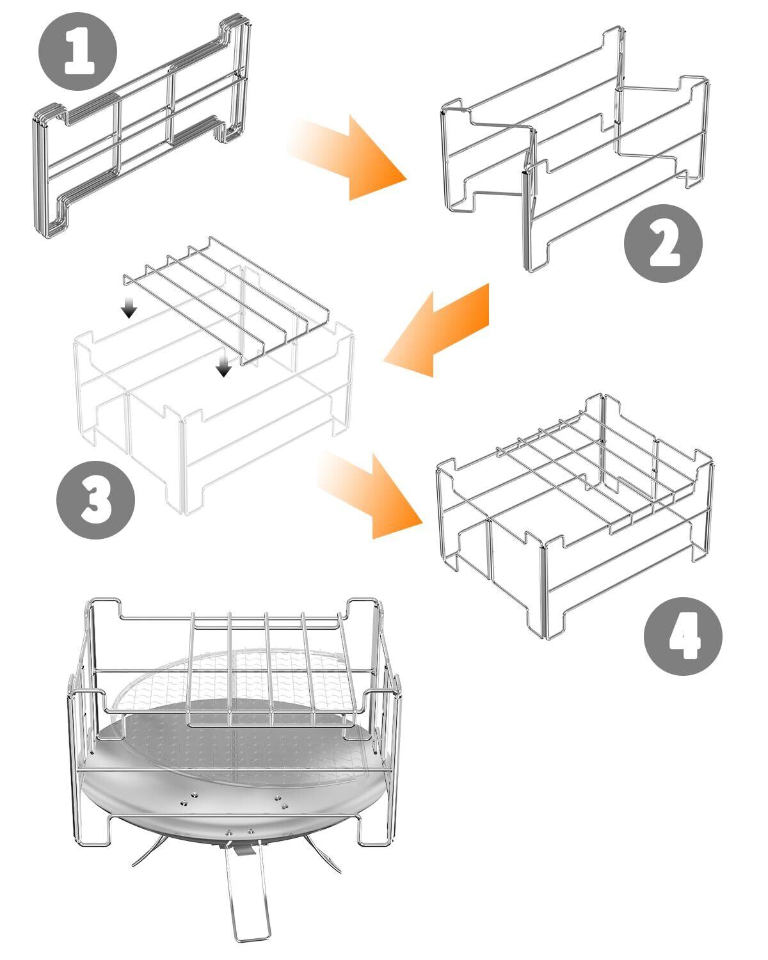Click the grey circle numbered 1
[77, 51]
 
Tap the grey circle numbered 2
[663, 244]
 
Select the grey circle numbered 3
[95, 500]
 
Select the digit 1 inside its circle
[79, 52]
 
